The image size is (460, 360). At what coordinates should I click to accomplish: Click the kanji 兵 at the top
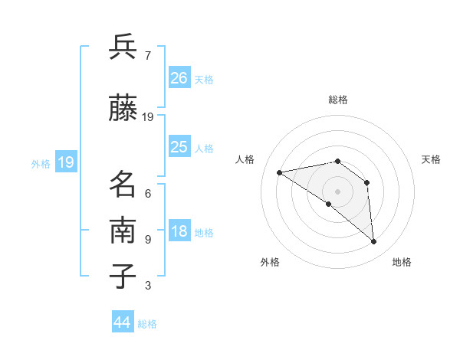pyautogui.click(x=123, y=47)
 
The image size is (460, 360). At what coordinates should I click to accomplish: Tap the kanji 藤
pyautogui.click(x=123, y=109)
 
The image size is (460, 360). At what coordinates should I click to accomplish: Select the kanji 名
pyautogui.click(x=123, y=185)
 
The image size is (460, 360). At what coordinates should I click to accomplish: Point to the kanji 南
pyautogui.click(x=123, y=231)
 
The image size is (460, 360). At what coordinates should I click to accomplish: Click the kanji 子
pyautogui.click(x=123, y=277)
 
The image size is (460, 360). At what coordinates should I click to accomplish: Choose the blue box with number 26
pyautogui.click(x=179, y=78)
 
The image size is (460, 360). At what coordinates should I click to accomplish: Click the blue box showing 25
pyautogui.click(x=179, y=147)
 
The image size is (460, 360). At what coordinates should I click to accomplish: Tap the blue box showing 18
pyautogui.click(x=179, y=232)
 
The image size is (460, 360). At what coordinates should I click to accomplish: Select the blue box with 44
pyautogui.click(x=123, y=322)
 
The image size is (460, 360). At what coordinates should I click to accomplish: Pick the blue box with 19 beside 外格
pyautogui.click(x=65, y=162)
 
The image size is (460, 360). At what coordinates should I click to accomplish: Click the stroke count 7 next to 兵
pyautogui.click(x=147, y=55)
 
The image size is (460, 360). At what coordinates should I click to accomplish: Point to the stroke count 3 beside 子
pyautogui.click(x=147, y=286)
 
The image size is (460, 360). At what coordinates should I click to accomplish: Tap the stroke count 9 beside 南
pyautogui.click(x=147, y=239)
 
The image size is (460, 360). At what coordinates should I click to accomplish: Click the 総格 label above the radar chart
pyautogui.click(x=337, y=100)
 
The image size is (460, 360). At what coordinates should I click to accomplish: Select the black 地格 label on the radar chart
pyautogui.click(x=402, y=262)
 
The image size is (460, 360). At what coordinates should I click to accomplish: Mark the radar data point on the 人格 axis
pyautogui.click(x=280, y=172)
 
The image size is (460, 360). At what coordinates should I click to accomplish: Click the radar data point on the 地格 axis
pyautogui.click(x=373, y=241)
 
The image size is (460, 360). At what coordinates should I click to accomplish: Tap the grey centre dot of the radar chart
pyautogui.click(x=337, y=191)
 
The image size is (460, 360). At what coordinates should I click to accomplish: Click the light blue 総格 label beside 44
pyautogui.click(x=147, y=324)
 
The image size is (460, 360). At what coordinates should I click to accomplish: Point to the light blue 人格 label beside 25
pyautogui.click(x=204, y=148)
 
